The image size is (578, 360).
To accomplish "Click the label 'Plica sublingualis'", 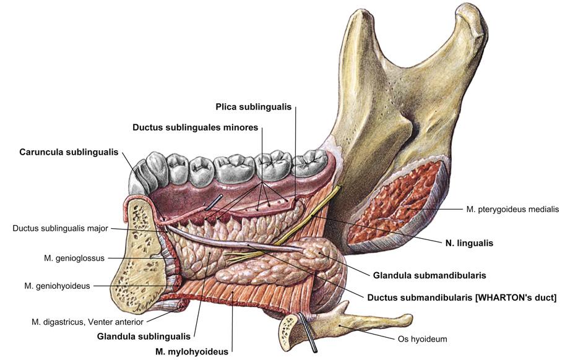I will pos(253,106).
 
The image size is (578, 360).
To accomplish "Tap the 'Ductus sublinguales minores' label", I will pos(195,128).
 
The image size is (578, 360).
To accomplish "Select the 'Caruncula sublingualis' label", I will pos(69,152).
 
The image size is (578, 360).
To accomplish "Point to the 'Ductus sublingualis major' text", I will pos(60,228).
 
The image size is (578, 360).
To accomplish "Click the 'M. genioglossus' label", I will pos(64,258).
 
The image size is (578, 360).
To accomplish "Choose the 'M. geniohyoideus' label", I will pos(57,286).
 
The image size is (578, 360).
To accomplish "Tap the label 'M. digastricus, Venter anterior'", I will pos(87,322).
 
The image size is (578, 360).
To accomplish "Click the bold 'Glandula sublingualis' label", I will pos(144,337).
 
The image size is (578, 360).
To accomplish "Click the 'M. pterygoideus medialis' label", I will pos(512,209).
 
